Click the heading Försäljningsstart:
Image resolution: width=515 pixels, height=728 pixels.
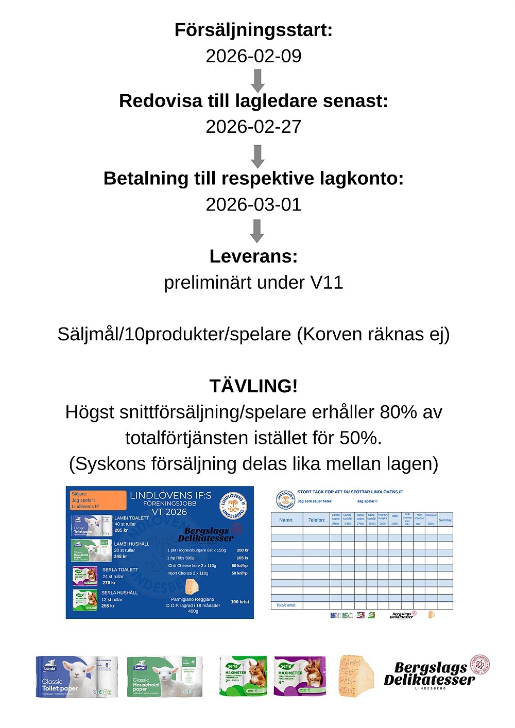(253, 30)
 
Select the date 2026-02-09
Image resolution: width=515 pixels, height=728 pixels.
(253, 56)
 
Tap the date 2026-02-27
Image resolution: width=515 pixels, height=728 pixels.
(253, 127)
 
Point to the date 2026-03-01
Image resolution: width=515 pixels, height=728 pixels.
(253, 204)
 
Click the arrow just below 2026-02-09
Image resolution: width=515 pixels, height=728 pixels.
(257, 80)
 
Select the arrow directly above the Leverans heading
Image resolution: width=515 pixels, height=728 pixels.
(257, 231)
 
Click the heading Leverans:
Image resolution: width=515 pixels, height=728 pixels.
(253, 256)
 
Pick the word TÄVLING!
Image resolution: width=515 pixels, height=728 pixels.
(253, 386)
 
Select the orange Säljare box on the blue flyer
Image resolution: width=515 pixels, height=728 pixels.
(98, 500)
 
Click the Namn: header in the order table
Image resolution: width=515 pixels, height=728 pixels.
(286, 520)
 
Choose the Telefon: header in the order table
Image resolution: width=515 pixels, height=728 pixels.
(317, 520)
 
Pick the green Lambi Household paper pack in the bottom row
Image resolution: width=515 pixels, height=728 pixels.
(165, 677)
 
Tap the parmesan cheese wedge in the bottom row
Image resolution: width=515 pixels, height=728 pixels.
(356, 676)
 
